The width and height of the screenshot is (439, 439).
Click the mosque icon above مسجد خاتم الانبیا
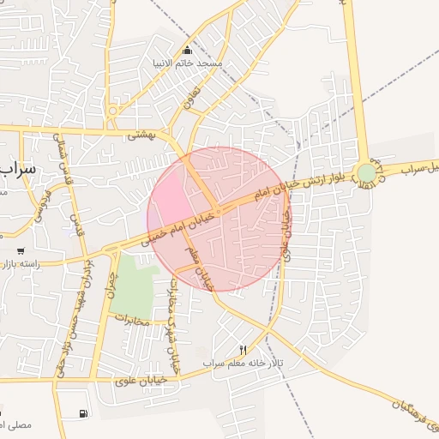[x=188, y=50]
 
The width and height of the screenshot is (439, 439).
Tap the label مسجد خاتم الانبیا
[x=197, y=63]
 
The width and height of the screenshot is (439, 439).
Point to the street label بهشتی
[x=139, y=135]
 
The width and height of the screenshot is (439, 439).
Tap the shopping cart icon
[x=21, y=251]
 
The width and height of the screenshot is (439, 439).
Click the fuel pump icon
[x=83, y=414]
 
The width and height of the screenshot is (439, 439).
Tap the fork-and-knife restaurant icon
[x=242, y=349]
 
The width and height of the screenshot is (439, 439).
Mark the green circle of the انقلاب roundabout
[x=366, y=173]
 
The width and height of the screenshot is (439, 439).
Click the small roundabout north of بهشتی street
[x=112, y=110]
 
